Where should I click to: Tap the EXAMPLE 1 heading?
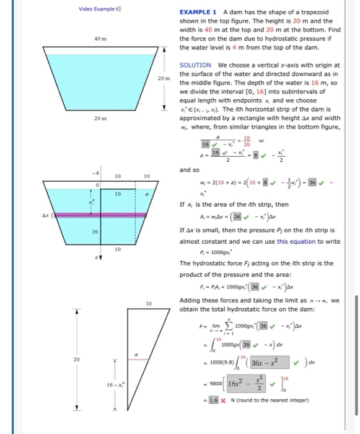tap(198, 12)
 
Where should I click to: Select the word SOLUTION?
tap(195, 64)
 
